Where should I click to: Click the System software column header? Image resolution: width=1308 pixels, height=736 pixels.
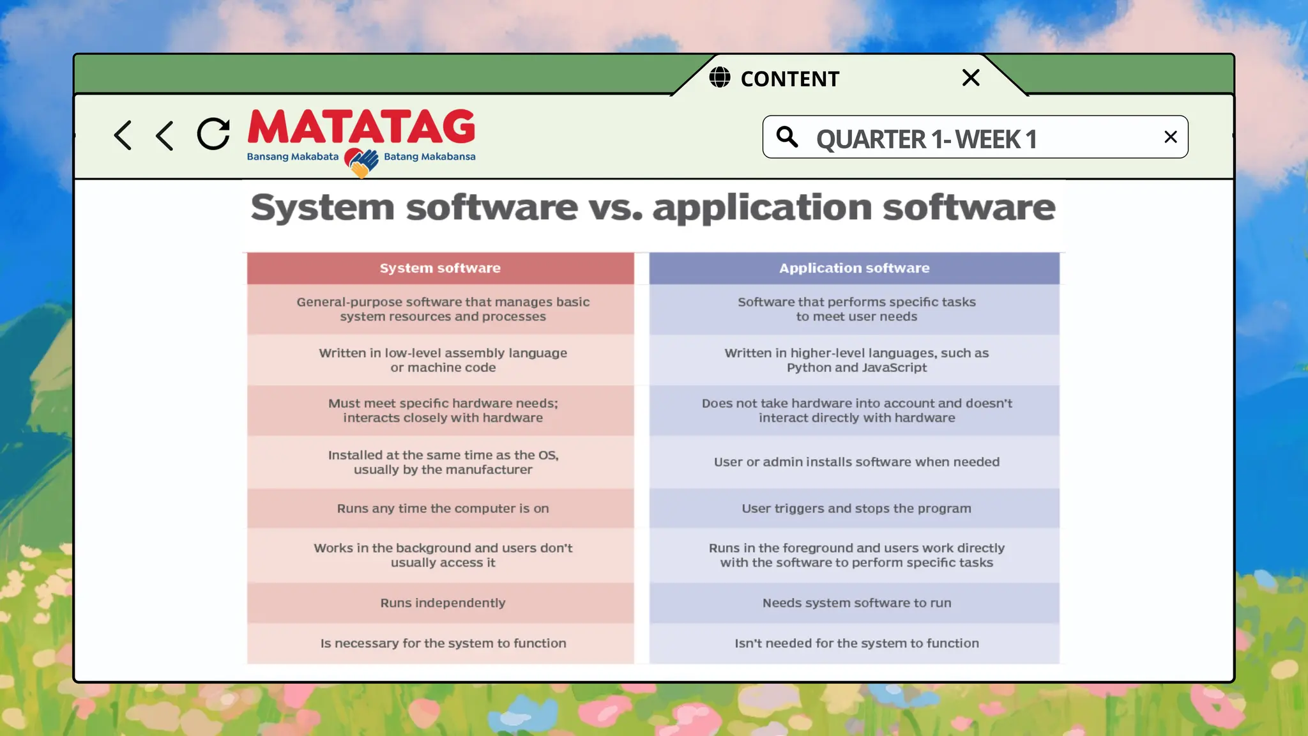[x=440, y=268]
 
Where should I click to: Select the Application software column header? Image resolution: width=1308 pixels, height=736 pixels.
[x=854, y=268]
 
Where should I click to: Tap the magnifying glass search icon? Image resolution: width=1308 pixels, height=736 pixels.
[x=787, y=137]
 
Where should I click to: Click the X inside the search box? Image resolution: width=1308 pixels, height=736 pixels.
[x=1170, y=137]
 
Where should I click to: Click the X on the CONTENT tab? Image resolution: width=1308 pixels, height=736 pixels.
[x=970, y=78]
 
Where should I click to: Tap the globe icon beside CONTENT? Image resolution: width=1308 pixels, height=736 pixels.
[x=720, y=77]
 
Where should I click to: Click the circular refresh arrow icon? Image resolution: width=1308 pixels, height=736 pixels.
[x=213, y=134]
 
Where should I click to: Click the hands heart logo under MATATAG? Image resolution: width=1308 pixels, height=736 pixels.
[x=361, y=162]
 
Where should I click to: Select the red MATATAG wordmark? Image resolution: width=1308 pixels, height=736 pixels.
[x=361, y=126]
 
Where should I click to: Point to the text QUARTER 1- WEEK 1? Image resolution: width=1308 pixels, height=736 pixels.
[x=926, y=139]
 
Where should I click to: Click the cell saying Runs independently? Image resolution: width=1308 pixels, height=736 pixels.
[x=443, y=603]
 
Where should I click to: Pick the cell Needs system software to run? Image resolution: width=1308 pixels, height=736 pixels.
[x=856, y=603]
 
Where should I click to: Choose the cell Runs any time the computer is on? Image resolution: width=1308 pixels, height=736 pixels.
[x=443, y=509]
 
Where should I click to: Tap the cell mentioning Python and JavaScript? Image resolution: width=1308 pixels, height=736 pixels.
[x=856, y=360]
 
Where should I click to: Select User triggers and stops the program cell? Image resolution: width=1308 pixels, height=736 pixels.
[x=856, y=509]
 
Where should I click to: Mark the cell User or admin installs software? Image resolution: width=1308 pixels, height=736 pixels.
[x=856, y=462]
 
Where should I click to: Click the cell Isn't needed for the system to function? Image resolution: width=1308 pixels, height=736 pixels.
[x=856, y=643]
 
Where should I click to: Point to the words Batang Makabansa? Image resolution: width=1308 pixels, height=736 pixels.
[x=429, y=157]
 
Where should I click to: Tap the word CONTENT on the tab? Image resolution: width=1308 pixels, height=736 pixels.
[x=789, y=79]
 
